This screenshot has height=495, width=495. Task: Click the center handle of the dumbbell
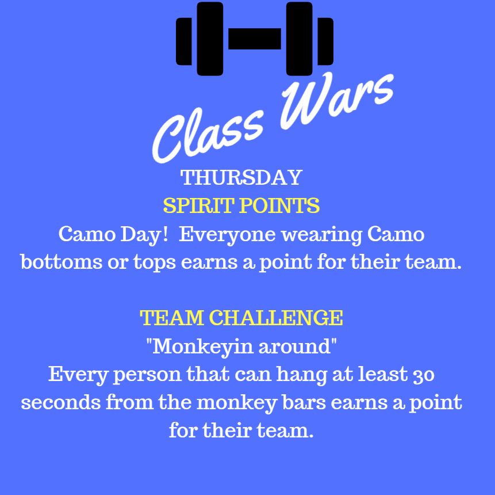pos(255,39)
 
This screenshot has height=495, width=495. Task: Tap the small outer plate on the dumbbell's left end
pos(184,41)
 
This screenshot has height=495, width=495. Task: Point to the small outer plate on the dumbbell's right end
pos(325,41)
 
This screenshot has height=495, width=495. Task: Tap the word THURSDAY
pos(241,177)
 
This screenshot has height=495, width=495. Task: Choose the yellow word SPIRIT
pos(198,205)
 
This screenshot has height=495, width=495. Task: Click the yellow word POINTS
pos(279,205)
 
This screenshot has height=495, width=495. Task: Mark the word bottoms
pos(62,262)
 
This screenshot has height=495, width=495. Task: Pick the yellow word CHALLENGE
pos(276,318)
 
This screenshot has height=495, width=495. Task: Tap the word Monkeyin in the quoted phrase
pos(202,346)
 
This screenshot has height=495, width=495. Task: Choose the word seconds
pos(60,402)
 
